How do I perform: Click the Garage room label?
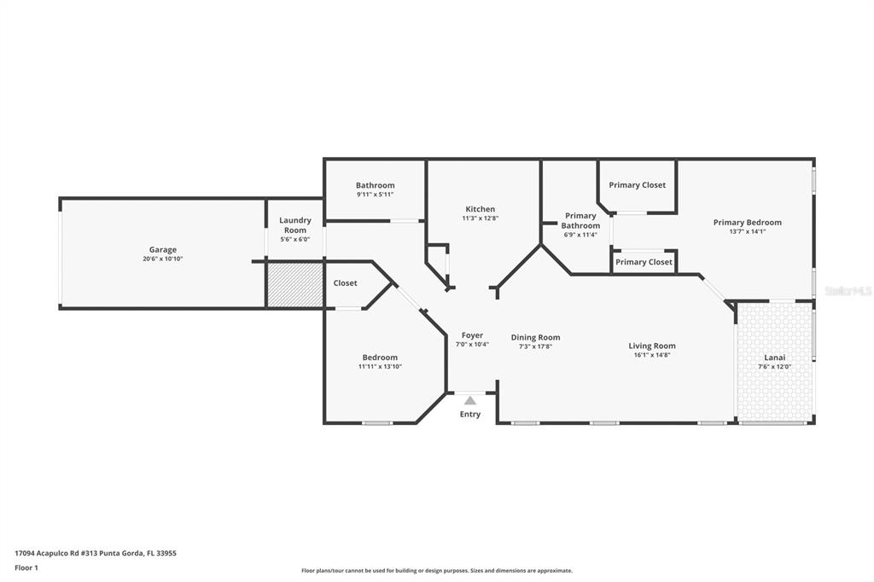(163, 250)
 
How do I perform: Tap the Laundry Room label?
(295, 225)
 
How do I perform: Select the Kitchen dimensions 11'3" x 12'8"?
(480, 218)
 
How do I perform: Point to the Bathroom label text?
(375, 185)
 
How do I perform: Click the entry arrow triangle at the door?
(469, 399)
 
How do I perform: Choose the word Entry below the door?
(470, 414)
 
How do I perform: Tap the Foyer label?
(472, 335)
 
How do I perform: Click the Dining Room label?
(535, 337)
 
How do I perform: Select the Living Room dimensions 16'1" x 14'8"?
(651, 354)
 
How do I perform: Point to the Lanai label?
(774, 358)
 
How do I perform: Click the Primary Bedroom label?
(747, 223)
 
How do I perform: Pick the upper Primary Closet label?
(637, 185)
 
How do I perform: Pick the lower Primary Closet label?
(644, 262)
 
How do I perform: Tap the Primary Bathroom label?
(580, 221)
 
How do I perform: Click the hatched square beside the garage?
(294, 285)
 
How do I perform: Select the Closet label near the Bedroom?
(345, 283)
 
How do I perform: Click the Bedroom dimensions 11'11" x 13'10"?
(380, 367)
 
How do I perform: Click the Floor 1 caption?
(26, 567)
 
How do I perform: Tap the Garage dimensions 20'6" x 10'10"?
(163, 259)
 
